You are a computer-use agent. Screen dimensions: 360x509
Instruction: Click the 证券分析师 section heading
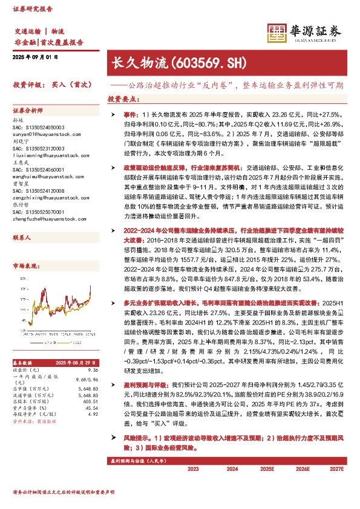coord(28,111)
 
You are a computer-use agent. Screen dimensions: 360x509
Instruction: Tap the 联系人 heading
coord(22,221)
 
